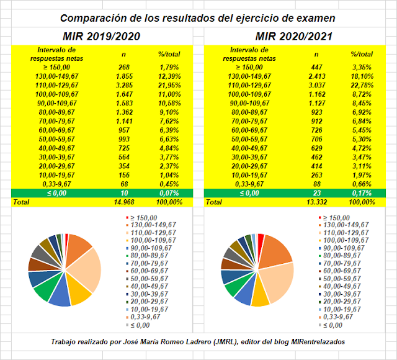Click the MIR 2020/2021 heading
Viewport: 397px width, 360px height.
pos(295,36)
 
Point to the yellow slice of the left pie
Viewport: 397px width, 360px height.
pos(80,295)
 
